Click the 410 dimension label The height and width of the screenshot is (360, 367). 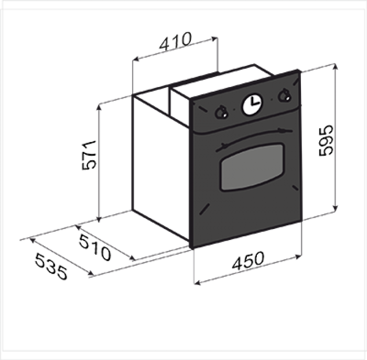(175, 41)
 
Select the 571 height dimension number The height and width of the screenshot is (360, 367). (89, 155)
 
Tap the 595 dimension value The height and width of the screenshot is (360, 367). (326, 140)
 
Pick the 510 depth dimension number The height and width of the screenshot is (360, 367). (95, 247)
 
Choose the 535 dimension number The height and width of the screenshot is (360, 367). (51, 267)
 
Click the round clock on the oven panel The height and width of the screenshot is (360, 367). (252, 105)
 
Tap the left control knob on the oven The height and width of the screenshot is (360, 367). (221, 113)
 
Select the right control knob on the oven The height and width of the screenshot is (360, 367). (284, 95)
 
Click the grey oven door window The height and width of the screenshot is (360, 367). (252, 167)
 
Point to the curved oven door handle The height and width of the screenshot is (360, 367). (254, 139)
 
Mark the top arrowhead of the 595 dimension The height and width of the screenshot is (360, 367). (335, 67)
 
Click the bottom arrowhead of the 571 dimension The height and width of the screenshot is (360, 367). (99, 219)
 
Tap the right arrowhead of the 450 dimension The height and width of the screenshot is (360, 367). (298, 257)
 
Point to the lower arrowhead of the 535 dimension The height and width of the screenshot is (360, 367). (90, 272)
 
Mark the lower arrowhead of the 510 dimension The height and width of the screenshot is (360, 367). (132, 258)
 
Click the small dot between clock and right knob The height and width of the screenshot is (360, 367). (272, 100)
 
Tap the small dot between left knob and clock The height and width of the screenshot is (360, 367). (234, 109)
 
